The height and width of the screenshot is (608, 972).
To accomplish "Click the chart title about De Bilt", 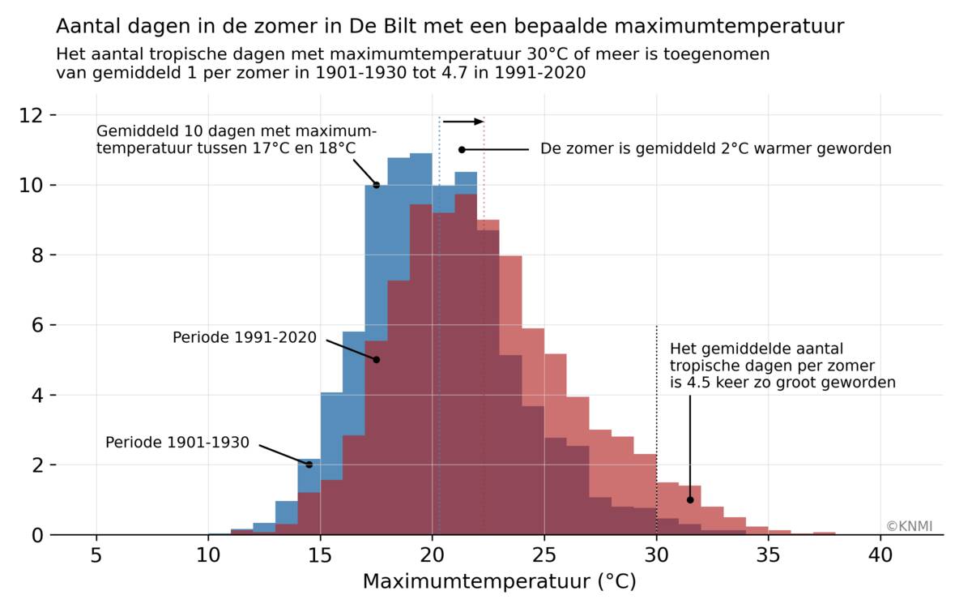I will click(x=450, y=27).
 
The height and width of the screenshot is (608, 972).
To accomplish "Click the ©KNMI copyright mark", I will click(x=910, y=526).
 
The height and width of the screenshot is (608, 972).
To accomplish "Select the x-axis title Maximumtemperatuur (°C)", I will click(x=499, y=581).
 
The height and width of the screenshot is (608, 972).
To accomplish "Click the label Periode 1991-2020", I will click(x=245, y=337).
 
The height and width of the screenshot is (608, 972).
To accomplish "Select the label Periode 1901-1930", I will click(x=177, y=443).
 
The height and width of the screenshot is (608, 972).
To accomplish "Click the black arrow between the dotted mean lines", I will click(x=463, y=122).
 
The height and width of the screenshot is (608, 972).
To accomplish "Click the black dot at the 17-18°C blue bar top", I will click(x=377, y=185).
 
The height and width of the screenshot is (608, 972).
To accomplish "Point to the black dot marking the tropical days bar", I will click(x=690, y=499).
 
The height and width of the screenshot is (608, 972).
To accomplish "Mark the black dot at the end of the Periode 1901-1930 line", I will click(x=309, y=465).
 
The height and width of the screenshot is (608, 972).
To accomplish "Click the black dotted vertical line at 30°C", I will click(x=656, y=405).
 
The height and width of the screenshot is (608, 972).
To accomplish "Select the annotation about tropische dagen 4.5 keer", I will click(x=782, y=365).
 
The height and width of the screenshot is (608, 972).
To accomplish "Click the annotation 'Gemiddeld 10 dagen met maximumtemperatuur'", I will click(x=237, y=139).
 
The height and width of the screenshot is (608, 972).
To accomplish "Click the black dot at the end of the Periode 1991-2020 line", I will click(x=377, y=359).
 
